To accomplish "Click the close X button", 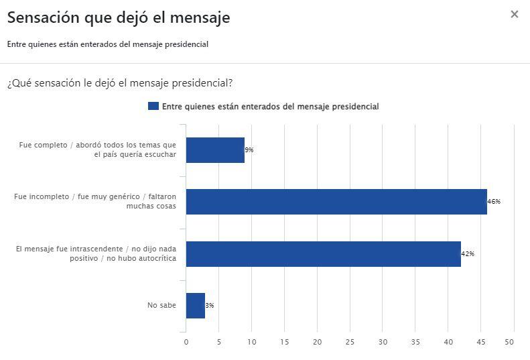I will [x=514, y=14].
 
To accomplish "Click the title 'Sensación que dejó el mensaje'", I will [x=119, y=18].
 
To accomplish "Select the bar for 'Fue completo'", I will [x=215, y=150].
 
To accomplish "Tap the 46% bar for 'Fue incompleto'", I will [x=336, y=202].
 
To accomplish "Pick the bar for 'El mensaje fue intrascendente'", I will [x=323, y=254].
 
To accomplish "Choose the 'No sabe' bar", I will [x=195, y=306].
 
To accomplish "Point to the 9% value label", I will [x=249, y=150].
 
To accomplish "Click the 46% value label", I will [x=494, y=202].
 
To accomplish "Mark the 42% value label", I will [x=468, y=254].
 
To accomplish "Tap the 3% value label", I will [x=210, y=306].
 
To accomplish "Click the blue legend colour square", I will [x=153, y=106].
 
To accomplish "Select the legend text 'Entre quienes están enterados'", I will [x=270, y=106].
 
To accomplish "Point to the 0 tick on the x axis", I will [x=186, y=342].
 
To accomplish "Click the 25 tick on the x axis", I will [x=350, y=342].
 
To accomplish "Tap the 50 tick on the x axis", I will [x=509, y=342].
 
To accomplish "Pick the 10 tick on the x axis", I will [x=252, y=342].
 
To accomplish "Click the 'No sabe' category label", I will [x=161, y=306].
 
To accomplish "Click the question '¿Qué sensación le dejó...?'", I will [x=120, y=83].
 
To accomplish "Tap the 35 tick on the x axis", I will [x=415, y=342].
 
